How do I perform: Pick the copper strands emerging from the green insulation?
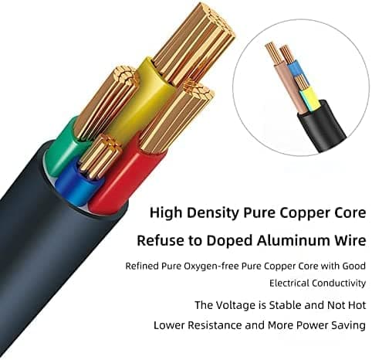[107, 102]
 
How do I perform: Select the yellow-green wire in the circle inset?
[310, 100]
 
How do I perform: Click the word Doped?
[230, 241]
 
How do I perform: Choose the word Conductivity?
[339, 284]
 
